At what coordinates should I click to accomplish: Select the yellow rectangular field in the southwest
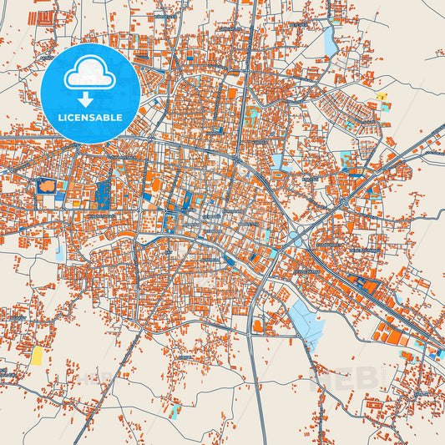38,356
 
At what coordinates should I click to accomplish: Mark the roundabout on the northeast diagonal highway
344,201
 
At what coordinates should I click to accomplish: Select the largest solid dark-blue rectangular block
104,194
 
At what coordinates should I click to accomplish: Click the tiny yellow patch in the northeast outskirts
382,98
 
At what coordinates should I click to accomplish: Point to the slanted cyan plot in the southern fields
174,412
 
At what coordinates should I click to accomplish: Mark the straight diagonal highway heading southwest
117,376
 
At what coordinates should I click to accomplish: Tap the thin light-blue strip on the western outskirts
59,248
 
